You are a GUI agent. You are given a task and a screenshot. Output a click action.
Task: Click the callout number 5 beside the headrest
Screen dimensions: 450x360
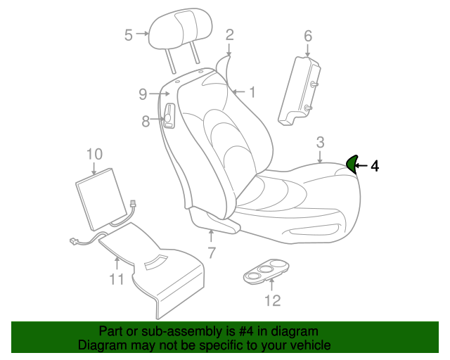128,35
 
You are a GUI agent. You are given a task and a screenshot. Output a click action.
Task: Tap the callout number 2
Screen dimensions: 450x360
230,35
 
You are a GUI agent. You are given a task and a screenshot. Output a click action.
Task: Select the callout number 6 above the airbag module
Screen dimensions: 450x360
308,36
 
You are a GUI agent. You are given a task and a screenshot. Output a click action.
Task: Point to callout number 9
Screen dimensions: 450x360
143,94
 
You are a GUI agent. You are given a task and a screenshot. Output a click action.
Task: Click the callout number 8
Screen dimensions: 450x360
146,122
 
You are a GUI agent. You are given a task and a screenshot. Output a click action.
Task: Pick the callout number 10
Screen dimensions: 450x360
94,154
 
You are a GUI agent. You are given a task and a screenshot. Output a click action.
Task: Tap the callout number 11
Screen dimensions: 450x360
117,278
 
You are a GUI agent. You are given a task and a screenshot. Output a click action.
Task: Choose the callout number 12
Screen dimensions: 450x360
272,300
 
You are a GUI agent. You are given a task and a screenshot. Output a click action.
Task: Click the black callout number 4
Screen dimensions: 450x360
375,166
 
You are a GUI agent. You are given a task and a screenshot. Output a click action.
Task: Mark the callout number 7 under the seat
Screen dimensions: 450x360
212,253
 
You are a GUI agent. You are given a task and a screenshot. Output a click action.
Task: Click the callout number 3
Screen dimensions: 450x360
321,143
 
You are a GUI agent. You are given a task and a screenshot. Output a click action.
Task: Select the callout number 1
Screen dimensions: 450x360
252,92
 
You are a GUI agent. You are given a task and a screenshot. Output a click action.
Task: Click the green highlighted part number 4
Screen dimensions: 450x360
352,164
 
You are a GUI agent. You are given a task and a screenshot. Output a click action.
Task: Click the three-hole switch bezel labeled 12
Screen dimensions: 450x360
266,271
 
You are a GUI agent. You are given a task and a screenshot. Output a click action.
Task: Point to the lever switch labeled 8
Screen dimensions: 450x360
169,115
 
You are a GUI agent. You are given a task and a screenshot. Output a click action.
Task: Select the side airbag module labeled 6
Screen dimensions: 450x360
300,91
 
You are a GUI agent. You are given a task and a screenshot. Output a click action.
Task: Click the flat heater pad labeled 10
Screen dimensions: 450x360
101,199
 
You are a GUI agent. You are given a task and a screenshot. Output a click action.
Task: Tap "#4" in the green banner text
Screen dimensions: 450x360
246,331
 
